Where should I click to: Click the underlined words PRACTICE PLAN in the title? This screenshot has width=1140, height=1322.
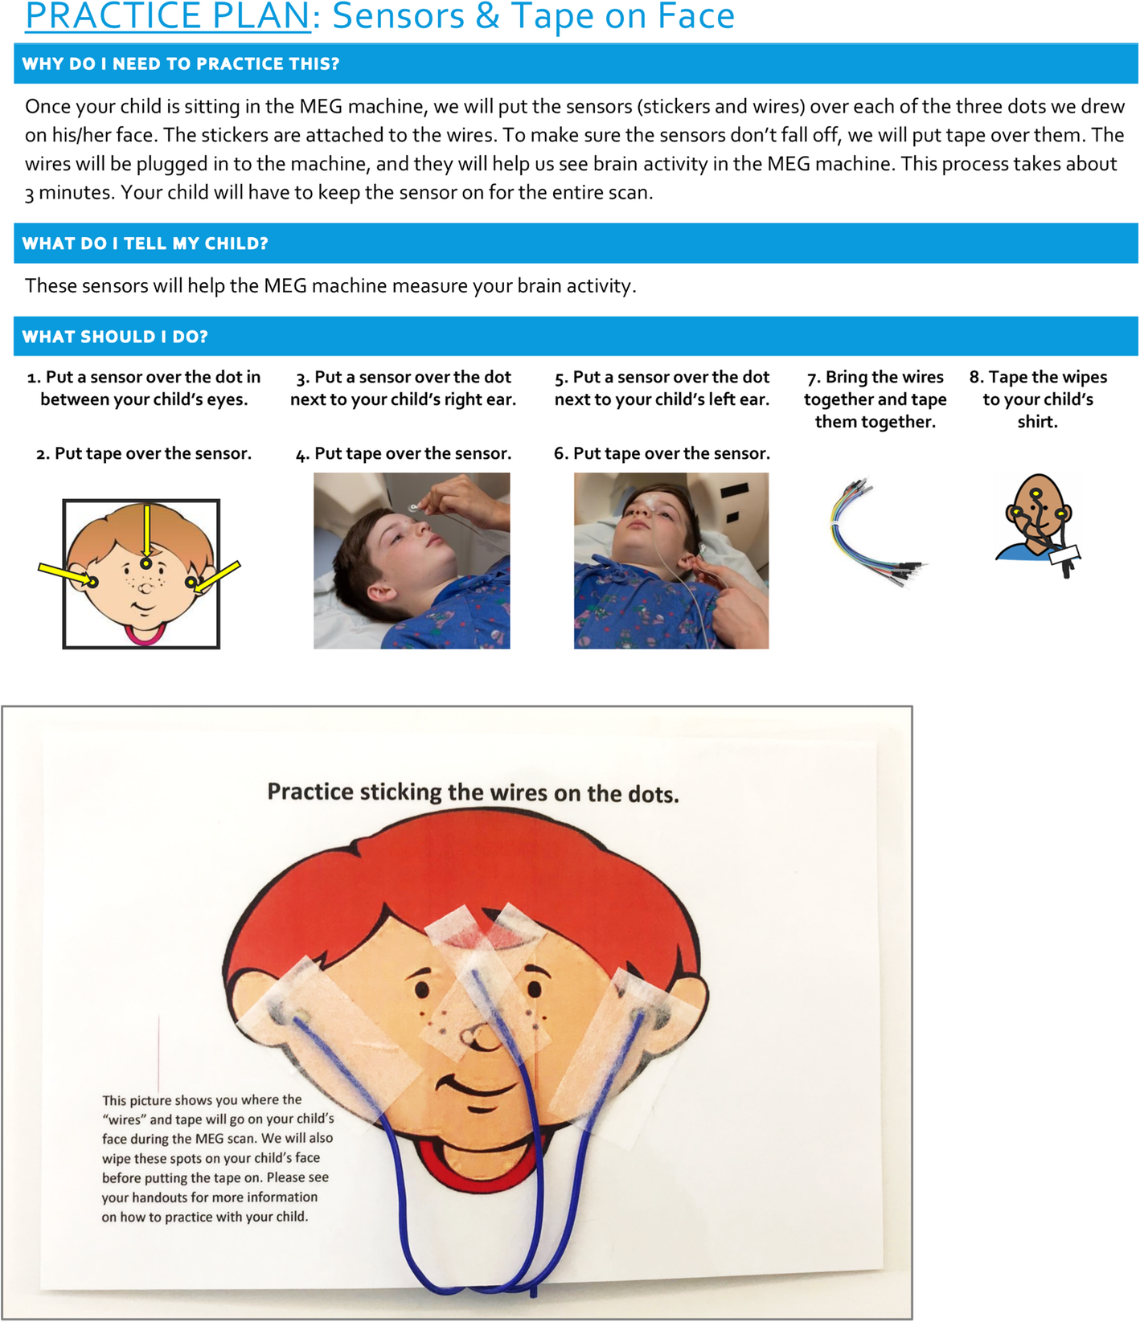tap(167, 16)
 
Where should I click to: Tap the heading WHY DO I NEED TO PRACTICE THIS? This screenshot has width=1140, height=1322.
tap(181, 64)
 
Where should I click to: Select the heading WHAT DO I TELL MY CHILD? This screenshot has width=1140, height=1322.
tap(145, 244)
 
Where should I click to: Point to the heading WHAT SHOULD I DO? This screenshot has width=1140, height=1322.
tap(115, 337)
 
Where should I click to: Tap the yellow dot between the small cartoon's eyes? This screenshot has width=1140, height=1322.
tap(146, 563)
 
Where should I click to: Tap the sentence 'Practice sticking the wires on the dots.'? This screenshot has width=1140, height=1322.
tap(473, 792)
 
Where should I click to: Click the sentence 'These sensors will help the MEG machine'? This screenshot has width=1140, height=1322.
tap(330, 286)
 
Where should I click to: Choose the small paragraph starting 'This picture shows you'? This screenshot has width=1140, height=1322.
tap(217, 1158)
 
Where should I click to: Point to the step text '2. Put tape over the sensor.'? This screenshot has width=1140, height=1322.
tap(144, 453)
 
